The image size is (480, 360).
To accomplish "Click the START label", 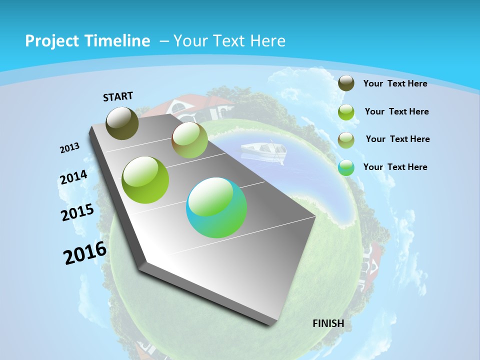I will point(118,96).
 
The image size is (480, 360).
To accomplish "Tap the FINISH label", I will point(328,323).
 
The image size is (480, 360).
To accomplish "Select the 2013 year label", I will point(69,148).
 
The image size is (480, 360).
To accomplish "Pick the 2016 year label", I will point(85,252).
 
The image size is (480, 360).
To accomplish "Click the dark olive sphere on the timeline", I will point(122,123).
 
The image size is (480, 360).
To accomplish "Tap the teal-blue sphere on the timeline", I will point(216,207).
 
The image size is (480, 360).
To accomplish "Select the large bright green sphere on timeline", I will point(145,179).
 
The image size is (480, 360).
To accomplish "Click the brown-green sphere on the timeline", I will point(189,140).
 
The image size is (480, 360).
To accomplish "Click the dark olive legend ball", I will point(346,83).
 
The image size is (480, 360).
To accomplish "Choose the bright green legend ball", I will point(346,112).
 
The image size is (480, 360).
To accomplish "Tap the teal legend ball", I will point(346,167).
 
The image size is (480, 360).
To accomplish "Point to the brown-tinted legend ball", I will point(346,140).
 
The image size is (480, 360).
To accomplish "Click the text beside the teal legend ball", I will point(395,167).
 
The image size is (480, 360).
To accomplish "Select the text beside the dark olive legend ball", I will point(395,83).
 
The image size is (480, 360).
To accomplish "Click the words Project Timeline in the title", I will point(87,41).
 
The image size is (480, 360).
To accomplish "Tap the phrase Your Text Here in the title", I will point(229,41).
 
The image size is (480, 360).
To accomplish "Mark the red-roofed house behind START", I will point(190,106).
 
